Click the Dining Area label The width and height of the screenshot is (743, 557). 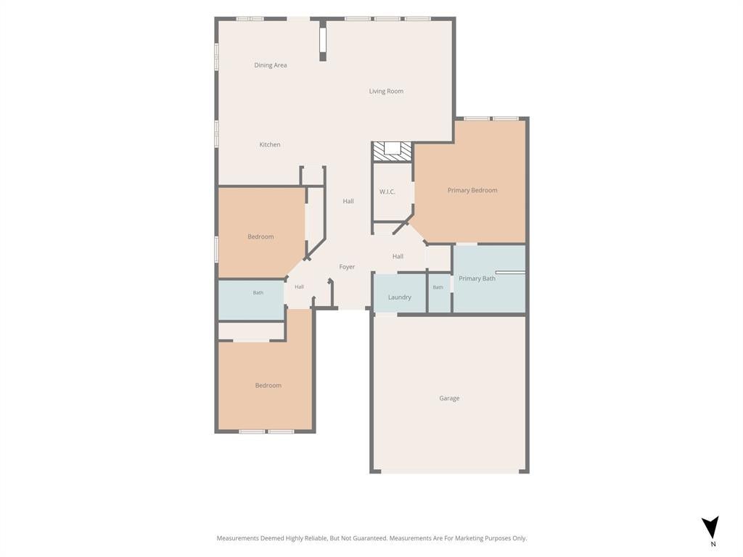point(270,65)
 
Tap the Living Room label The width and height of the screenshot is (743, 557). point(386,91)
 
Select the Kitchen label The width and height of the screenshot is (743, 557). point(270,144)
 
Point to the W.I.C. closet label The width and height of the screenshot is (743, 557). point(387,191)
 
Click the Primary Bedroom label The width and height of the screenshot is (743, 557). point(472,191)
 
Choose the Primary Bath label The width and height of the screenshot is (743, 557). point(477,278)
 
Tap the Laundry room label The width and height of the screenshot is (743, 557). point(400,297)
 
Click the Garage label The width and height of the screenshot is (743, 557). point(449,398)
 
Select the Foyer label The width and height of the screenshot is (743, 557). point(347,267)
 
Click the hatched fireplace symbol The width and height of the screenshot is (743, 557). point(391,152)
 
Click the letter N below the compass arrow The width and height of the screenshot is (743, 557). point(713,544)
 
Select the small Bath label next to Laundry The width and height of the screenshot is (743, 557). point(438,287)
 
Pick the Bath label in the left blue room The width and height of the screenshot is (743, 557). point(258,293)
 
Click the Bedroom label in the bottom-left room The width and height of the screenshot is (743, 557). point(268,386)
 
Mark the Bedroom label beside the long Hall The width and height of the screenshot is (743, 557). point(260,237)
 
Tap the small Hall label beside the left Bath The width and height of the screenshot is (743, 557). point(299,287)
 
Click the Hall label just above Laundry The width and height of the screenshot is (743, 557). point(398,257)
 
